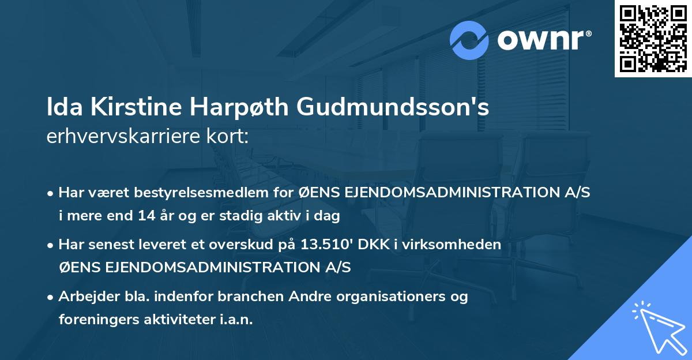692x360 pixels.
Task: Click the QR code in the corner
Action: tap(653, 38)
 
